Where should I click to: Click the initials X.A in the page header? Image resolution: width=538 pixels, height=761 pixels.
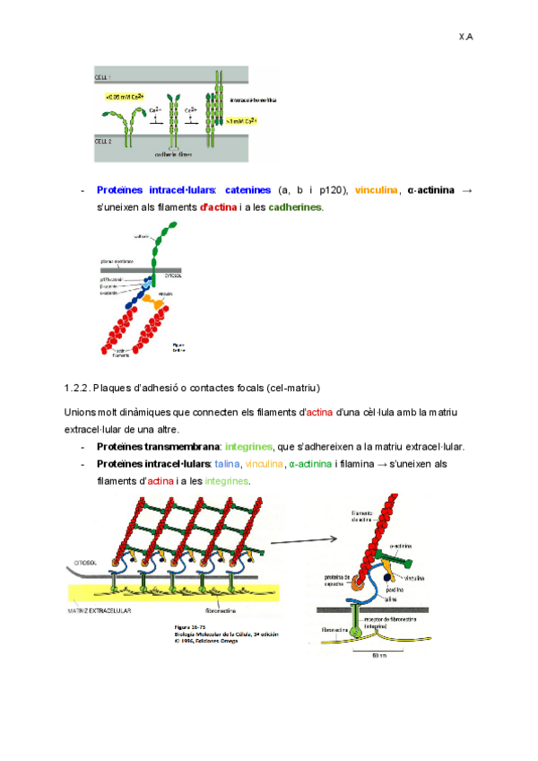(465, 37)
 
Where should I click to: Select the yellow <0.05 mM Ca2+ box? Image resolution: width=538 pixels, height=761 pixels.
(121, 96)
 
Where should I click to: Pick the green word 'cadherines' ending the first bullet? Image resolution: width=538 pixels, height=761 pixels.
(294, 207)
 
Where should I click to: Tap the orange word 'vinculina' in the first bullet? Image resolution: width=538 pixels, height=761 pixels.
(376, 190)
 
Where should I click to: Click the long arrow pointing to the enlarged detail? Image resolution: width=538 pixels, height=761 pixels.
(303, 540)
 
